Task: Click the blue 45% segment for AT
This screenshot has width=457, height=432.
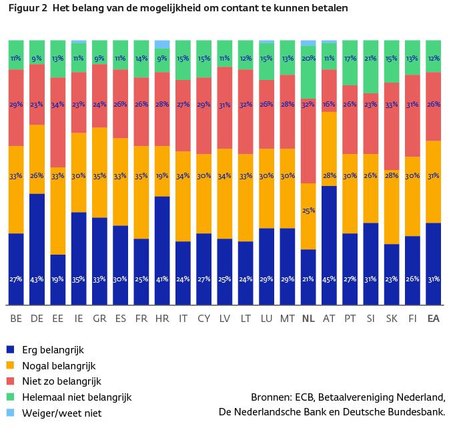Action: tap(329, 245)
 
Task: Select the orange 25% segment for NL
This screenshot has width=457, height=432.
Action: tap(308, 216)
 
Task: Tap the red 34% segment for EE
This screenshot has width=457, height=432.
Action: tap(57, 123)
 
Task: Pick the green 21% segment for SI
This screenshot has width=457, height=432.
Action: tap(371, 67)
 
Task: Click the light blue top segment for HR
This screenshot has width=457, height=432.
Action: tap(162, 44)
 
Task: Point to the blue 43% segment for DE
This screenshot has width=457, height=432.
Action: tap(37, 249)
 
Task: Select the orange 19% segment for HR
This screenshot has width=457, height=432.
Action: tap(162, 171)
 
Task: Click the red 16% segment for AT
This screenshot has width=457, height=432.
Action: tap(329, 91)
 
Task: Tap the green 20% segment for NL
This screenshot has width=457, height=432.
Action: tap(308, 72)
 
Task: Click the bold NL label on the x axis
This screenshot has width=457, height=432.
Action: tap(308, 319)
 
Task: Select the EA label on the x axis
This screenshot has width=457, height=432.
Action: tap(434, 319)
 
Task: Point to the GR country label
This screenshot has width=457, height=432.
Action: tap(99, 319)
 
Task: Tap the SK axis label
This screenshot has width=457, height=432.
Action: tap(392, 319)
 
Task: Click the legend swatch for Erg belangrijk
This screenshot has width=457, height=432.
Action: tap(10, 349)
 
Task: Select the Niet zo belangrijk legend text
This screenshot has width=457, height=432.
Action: tap(62, 381)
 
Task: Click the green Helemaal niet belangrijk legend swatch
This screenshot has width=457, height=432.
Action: tap(10, 397)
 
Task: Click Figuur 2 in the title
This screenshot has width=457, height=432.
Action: tap(28, 8)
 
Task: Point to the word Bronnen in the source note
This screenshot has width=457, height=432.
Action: tap(271, 397)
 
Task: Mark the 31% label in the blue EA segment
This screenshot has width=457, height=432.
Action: tap(434, 279)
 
